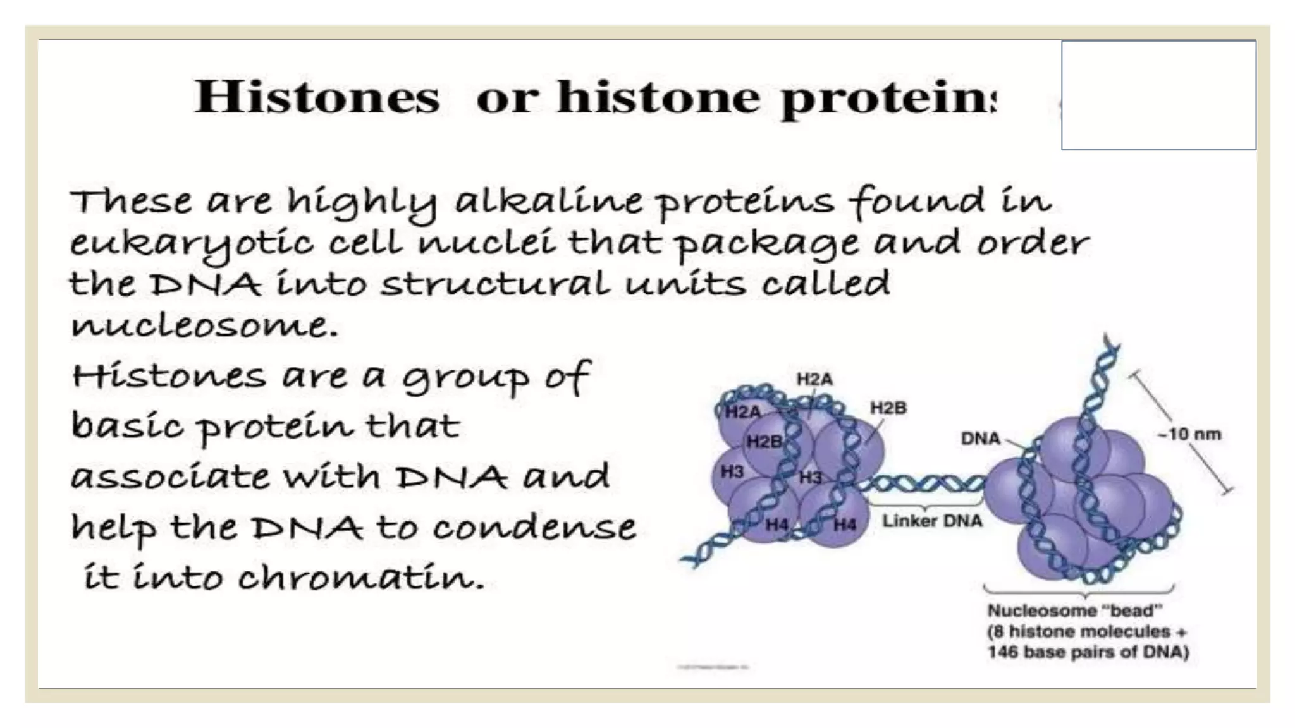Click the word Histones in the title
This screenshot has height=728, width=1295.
click(316, 98)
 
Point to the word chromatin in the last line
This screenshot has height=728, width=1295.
click(360, 576)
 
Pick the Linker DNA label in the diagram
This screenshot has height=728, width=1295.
click(932, 521)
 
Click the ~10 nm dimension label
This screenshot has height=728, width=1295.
click(1189, 435)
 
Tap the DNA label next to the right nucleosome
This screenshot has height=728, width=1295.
click(980, 439)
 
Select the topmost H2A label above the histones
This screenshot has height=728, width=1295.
click(814, 379)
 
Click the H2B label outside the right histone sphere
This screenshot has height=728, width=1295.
click(888, 408)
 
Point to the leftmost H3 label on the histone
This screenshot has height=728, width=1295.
click(732, 471)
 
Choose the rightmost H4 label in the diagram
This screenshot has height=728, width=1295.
click(844, 524)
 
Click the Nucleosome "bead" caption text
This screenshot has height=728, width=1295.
click(1074, 610)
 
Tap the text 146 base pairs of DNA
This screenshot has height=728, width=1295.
click(1088, 652)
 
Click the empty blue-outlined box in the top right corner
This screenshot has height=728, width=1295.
click(1158, 95)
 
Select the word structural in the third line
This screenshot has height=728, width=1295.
click(495, 284)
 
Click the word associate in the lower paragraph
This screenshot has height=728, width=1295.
click(169, 477)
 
